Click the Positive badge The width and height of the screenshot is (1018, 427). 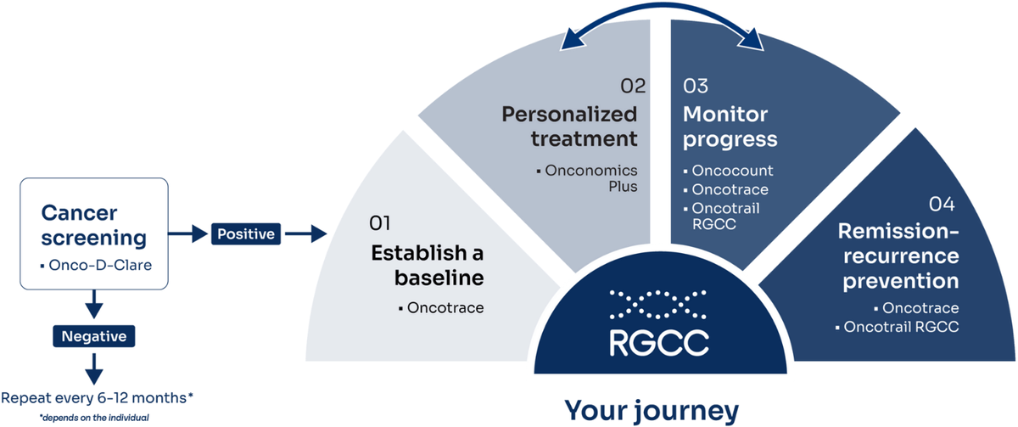point(247,232)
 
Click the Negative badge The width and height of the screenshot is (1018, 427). point(94,336)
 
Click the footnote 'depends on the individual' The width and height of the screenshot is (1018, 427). point(94,417)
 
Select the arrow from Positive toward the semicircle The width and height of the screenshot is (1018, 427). point(310,232)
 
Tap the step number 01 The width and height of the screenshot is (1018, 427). point(378,223)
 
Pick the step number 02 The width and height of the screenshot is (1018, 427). point(633,86)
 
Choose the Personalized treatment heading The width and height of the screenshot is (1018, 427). point(568,125)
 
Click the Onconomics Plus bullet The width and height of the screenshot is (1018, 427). point(591,178)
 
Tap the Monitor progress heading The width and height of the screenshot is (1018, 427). point(732,125)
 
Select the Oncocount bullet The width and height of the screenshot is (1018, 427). point(732,171)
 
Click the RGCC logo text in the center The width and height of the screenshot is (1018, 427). point(658,341)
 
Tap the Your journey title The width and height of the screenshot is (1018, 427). point(652,411)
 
